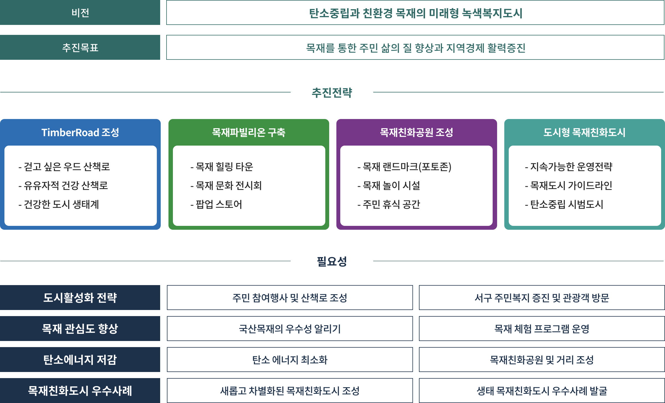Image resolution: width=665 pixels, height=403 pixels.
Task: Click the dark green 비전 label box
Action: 80,12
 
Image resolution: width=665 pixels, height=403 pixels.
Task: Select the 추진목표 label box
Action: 80,47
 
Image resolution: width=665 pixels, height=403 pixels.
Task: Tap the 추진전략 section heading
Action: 332,92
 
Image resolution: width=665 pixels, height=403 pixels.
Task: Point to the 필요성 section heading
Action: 332,261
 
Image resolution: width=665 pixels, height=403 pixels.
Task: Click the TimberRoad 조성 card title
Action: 80,132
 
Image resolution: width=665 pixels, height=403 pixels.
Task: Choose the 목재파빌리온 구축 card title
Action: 249,132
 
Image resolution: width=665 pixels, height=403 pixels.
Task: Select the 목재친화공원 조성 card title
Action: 416,132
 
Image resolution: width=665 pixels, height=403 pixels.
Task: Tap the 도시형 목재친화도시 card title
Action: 584,132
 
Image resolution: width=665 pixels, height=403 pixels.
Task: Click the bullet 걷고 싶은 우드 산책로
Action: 64,167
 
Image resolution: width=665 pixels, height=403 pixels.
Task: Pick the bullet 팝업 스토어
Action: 216,204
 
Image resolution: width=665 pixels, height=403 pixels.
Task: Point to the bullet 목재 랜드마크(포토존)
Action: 405,167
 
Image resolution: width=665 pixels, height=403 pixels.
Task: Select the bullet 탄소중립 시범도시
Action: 564,204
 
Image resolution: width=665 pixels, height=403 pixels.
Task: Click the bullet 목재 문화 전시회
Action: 226,185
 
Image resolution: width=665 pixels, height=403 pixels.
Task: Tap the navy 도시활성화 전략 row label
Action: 80,298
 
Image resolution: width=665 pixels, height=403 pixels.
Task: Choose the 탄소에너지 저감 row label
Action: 80,360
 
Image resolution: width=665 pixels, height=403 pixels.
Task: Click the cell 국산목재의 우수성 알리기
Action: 290,329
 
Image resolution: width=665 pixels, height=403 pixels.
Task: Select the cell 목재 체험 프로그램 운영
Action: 542,329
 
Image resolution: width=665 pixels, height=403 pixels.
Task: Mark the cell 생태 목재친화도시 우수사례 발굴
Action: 542,391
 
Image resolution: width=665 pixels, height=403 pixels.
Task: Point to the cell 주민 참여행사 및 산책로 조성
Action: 290,298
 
